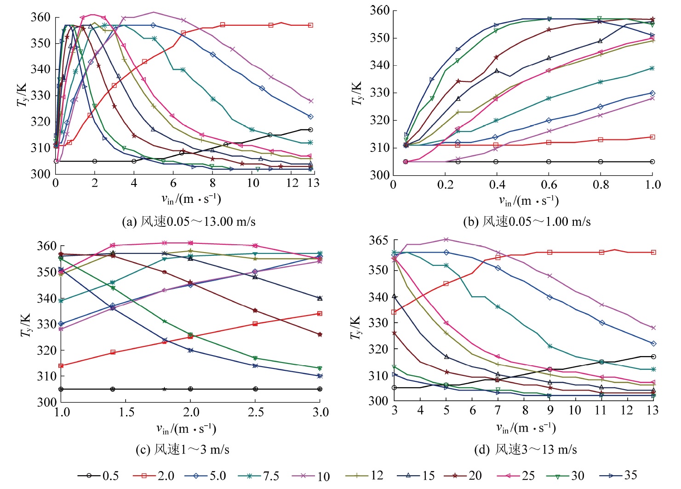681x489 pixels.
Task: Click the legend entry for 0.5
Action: [98, 476]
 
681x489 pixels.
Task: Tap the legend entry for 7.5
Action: [259, 476]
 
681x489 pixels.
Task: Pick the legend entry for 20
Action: [463, 476]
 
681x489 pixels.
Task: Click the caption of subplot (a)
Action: [189, 222]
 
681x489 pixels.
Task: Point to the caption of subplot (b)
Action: [526, 222]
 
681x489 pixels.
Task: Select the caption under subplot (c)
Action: [183, 449]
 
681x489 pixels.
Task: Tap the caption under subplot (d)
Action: [525, 449]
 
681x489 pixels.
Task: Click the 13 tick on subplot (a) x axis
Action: [313, 183]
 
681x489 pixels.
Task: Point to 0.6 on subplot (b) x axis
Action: [549, 185]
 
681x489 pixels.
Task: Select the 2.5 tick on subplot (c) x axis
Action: [255, 412]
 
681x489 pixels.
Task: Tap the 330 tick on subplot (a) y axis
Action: [40, 96]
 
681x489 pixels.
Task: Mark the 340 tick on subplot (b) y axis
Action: [379, 65]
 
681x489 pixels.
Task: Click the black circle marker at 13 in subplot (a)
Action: [310, 130]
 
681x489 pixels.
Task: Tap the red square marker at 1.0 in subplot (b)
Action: [652, 137]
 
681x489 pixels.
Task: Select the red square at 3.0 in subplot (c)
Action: [320, 314]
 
